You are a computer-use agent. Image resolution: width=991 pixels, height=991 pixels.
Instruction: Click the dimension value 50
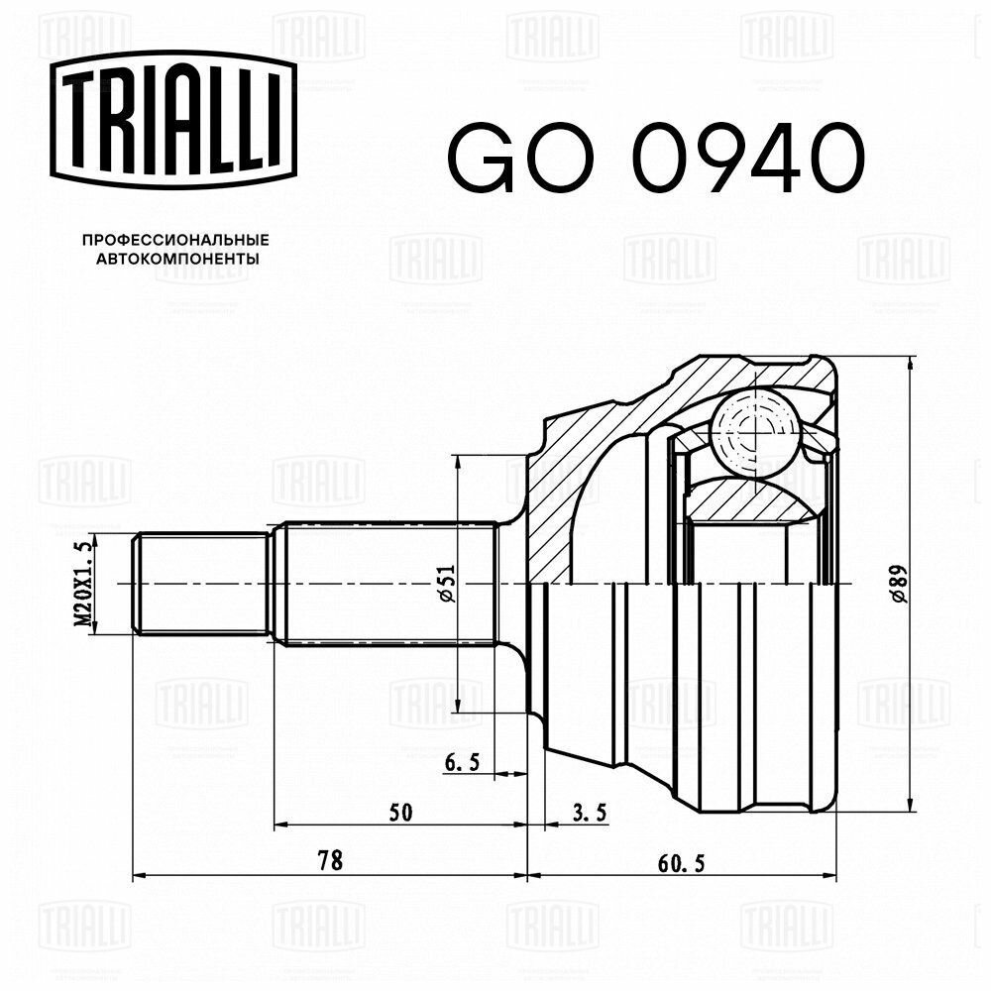click(399, 812)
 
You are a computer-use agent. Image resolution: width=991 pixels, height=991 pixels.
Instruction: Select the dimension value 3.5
click(590, 812)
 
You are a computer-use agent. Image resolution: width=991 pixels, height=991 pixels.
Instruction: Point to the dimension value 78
click(330, 861)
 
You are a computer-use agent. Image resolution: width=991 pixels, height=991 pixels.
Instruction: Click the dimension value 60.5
click(681, 861)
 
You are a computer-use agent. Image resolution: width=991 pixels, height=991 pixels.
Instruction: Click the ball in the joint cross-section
click(755, 432)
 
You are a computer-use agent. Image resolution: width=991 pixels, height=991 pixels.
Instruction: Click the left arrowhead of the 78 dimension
click(139, 875)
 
